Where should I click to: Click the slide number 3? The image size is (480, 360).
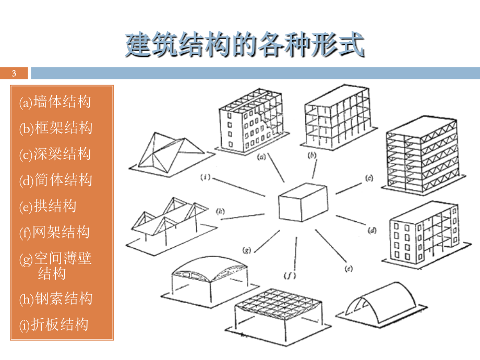(14, 74)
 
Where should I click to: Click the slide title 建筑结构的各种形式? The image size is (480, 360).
(245, 45)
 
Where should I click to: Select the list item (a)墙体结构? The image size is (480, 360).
(55, 102)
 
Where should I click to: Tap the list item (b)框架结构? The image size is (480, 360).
(56, 128)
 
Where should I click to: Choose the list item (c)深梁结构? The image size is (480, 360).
(55, 154)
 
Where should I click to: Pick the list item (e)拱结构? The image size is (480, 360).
(48, 206)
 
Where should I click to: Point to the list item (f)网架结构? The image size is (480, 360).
(54, 232)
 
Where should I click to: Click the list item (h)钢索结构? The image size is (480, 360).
(56, 298)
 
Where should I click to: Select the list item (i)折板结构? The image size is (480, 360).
(54, 325)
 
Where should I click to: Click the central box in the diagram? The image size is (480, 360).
(303, 202)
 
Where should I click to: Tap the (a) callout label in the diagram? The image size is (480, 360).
(261, 158)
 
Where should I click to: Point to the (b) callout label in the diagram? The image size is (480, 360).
(311, 155)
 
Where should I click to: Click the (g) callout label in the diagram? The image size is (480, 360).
(247, 250)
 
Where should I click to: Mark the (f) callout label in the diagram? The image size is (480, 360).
(290, 275)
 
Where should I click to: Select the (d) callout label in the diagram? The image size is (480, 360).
(372, 230)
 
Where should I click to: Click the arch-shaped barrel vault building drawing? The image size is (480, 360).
(381, 305)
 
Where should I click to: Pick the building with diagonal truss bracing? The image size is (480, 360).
(423, 155)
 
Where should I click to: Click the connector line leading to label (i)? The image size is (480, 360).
(239, 187)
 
